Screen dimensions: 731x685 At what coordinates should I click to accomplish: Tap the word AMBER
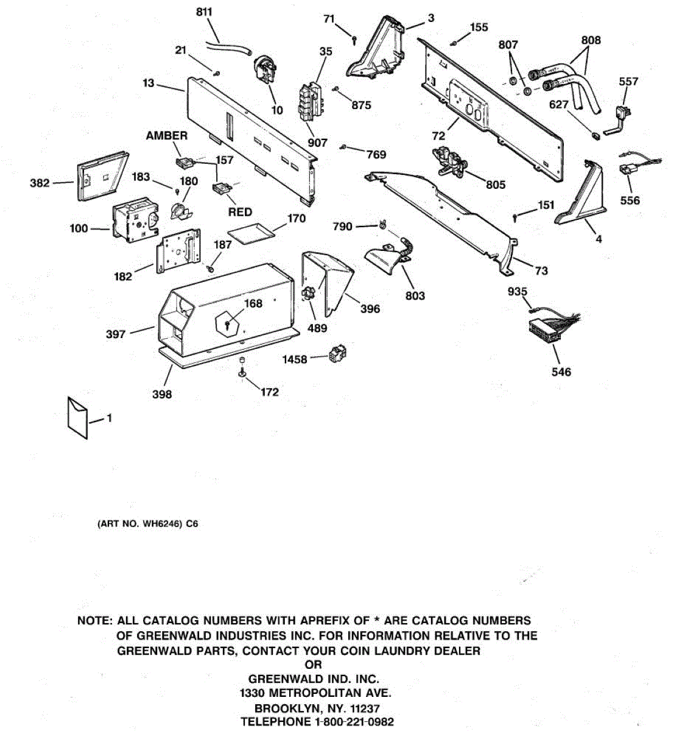(x=167, y=136)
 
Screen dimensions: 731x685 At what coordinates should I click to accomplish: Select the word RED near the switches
(x=240, y=212)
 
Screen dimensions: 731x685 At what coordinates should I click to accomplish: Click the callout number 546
(x=561, y=372)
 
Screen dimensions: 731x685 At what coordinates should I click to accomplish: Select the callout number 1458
(x=294, y=360)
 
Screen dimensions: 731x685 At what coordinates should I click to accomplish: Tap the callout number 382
(x=40, y=182)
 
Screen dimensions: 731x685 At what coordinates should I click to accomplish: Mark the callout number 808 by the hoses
(x=591, y=40)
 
